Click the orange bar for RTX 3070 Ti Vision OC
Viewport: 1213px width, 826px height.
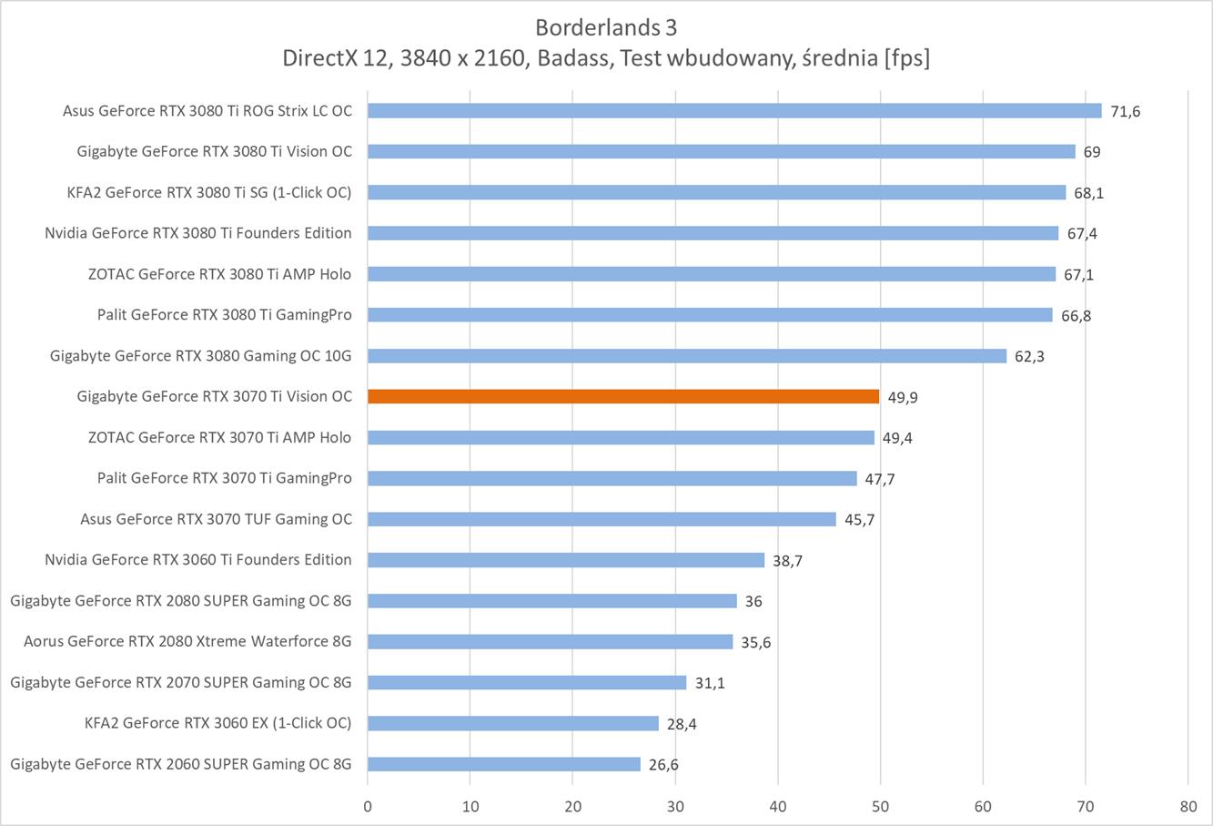623,396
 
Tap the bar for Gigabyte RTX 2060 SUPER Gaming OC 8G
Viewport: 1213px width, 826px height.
504,764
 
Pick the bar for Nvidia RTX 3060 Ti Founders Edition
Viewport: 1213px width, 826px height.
566,560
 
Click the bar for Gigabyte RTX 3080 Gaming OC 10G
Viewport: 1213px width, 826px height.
687,356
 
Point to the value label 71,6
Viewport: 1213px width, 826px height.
1125,112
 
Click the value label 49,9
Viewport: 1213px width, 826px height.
902,397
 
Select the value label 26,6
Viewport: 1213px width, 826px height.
663,765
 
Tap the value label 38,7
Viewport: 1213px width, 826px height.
787,561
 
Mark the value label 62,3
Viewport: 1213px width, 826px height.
1029,356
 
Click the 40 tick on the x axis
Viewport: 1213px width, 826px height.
778,806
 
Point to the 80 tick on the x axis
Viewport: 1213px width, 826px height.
1188,806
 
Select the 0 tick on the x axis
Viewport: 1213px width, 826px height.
368,806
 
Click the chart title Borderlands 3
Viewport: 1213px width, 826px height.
606,25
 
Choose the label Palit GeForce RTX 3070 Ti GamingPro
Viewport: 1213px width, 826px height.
225,478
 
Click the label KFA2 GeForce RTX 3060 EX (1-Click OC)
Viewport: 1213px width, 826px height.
217,723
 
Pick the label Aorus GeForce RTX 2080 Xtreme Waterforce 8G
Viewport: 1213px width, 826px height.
187,641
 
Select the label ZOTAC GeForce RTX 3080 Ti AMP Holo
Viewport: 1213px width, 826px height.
219,273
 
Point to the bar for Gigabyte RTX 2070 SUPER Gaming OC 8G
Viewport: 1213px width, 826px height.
527,682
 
